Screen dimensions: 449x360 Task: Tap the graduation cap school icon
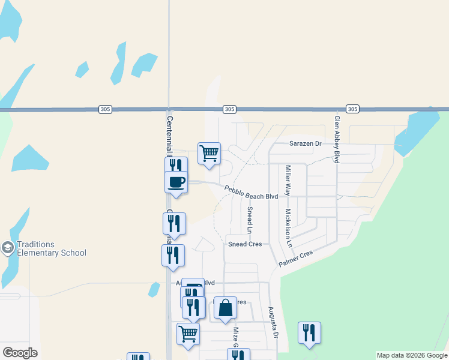click(8, 248)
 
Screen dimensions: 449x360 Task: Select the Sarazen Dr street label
click(306, 144)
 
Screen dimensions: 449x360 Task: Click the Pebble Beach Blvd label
click(252, 193)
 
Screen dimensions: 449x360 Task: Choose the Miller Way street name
click(288, 181)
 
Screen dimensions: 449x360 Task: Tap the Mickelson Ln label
click(288, 228)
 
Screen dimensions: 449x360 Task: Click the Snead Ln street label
click(250, 220)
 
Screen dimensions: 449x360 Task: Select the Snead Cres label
click(245, 244)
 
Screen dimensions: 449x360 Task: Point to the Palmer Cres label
click(296, 259)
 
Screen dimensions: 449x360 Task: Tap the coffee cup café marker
click(176, 181)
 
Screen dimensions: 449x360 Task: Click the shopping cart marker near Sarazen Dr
click(209, 153)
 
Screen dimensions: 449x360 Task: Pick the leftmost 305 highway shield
click(105, 109)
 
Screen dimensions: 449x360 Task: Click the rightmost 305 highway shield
click(352, 109)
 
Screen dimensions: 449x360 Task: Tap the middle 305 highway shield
click(229, 109)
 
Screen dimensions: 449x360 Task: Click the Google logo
click(20, 353)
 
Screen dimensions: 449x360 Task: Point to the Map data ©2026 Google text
click(412, 355)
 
